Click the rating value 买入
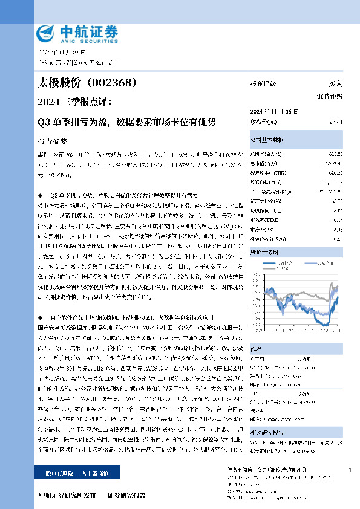click(335, 84)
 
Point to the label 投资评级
click(263, 84)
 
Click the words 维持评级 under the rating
click(329, 97)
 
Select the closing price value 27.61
click(336, 122)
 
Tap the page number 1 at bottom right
click(350, 470)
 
